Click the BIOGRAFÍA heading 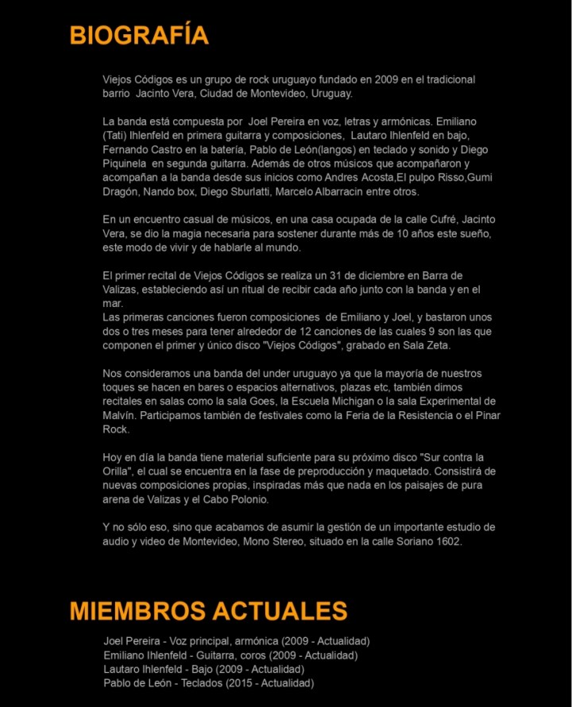[139, 36]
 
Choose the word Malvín [120, 415]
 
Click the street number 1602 [445, 542]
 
